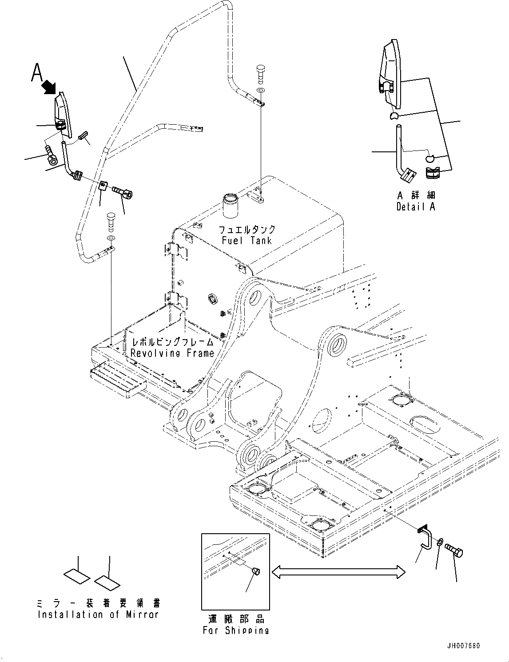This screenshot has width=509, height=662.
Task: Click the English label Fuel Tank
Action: pos(247,240)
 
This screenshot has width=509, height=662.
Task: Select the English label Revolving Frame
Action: pos(172,353)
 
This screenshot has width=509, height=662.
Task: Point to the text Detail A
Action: pos(416,206)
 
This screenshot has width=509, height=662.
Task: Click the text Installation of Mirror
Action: pos(98,614)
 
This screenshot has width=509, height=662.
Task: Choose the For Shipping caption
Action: pos(235,630)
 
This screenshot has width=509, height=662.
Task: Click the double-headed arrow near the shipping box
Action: pos(338,572)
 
